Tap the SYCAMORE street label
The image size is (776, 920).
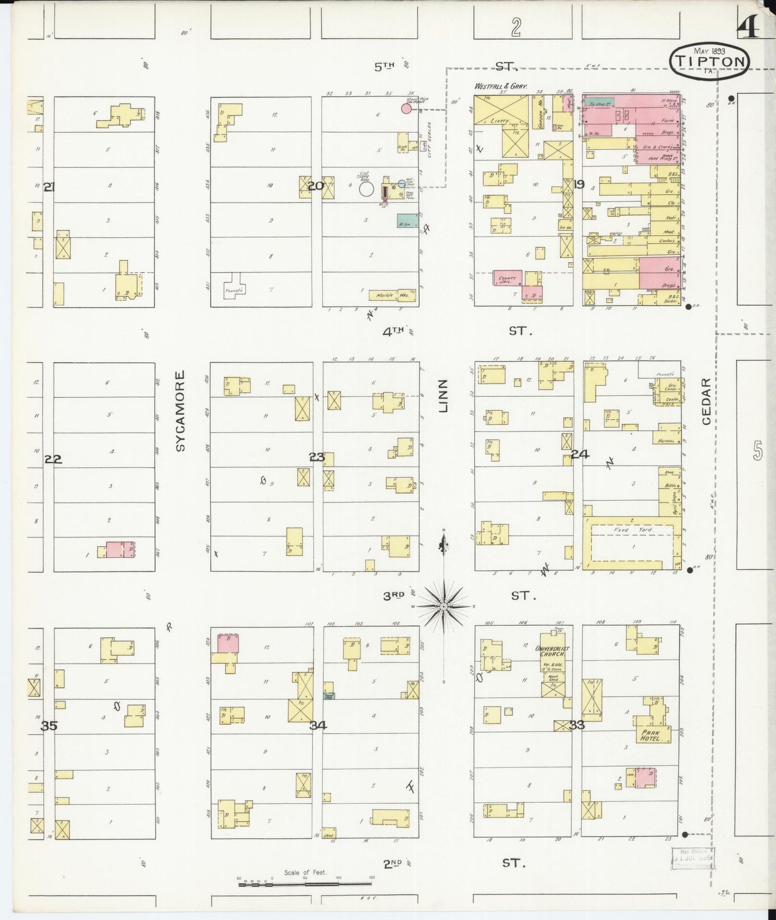coord(180,411)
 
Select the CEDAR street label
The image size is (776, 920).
coord(706,401)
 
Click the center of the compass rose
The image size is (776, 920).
coord(444,607)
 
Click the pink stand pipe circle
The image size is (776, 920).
coord(407,109)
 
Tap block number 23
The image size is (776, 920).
coord(317,457)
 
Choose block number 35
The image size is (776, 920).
coord(49,726)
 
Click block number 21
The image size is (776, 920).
coord(49,187)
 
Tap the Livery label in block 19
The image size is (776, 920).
coord(499,121)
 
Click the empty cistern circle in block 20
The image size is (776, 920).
coord(367,189)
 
